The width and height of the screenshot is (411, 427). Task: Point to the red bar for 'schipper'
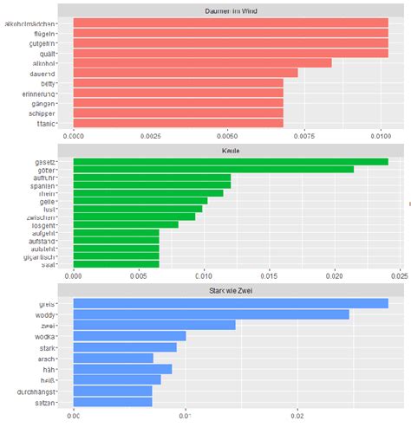(178, 113)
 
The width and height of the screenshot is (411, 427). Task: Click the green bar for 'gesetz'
(230, 162)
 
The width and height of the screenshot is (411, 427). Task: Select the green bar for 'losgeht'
(126, 224)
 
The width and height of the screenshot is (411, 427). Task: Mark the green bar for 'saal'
(116, 264)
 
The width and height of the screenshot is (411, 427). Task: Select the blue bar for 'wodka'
(129, 335)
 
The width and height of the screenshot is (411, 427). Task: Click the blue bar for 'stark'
(125, 346)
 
